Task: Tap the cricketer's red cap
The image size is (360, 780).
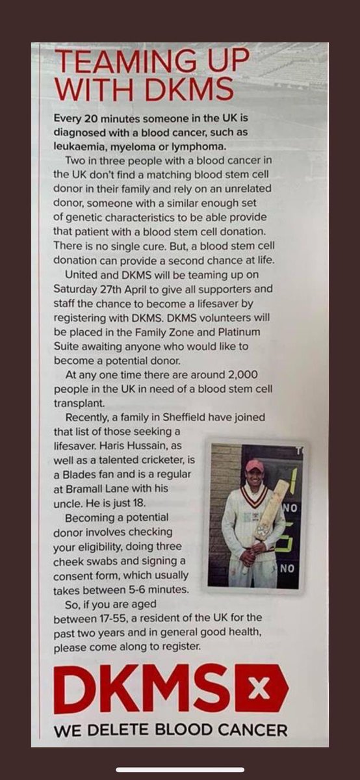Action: [x=254, y=465]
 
